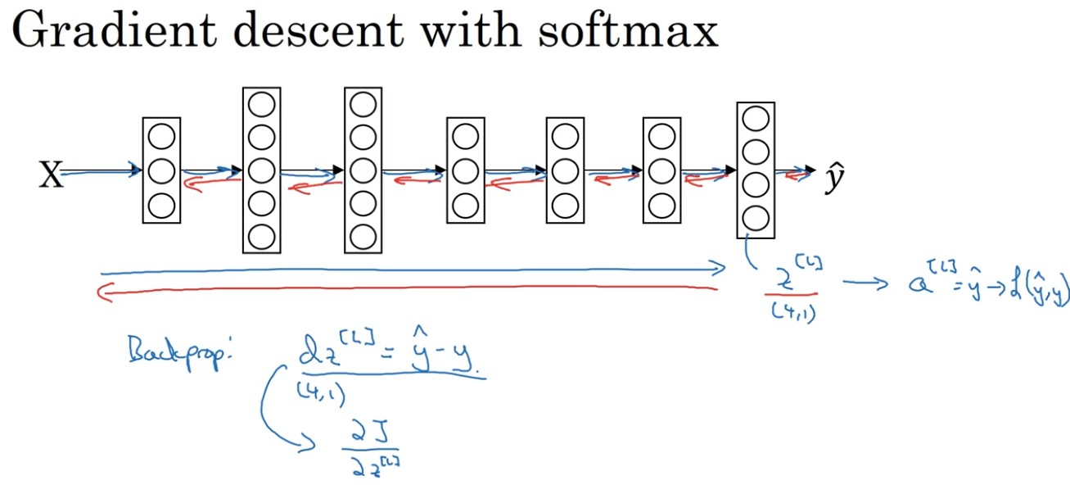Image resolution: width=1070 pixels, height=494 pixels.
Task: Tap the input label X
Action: (x=51, y=174)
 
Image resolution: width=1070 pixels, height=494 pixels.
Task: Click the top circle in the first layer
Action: (x=161, y=137)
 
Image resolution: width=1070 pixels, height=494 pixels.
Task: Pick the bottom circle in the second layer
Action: (x=262, y=237)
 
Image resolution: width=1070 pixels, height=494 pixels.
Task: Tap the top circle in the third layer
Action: (x=363, y=104)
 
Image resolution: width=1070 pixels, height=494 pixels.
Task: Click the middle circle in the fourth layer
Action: (x=464, y=171)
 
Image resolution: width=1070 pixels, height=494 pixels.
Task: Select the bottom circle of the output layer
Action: (x=755, y=219)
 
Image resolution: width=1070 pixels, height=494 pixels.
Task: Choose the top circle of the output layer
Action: (x=755, y=119)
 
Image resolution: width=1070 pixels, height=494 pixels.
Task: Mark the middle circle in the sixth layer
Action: (x=662, y=171)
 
